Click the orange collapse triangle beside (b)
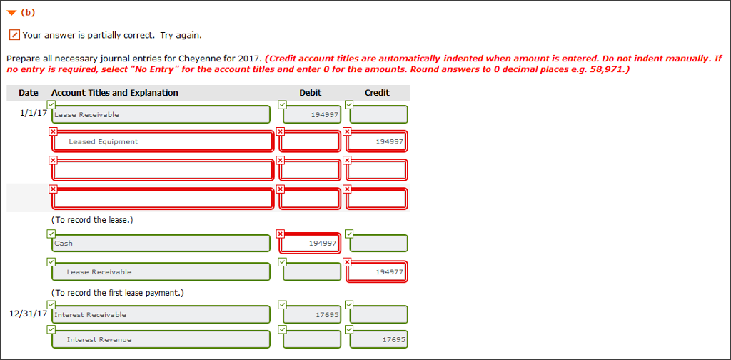point(11,13)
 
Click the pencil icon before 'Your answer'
point(14,35)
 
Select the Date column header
point(29,93)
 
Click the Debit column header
point(311,93)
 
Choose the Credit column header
point(377,93)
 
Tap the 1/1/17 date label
point(33,113)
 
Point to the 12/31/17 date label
point(29,314)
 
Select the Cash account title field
point(161,244)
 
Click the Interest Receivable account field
point(161,315)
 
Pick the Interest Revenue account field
point(161,339)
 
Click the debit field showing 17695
point(311,315)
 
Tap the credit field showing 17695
point(378,339)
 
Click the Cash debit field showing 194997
point(310,244)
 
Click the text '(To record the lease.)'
point(92,220)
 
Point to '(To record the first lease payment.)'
point(117,293)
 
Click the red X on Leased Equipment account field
point(53,131)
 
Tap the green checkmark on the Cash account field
point(51,234)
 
